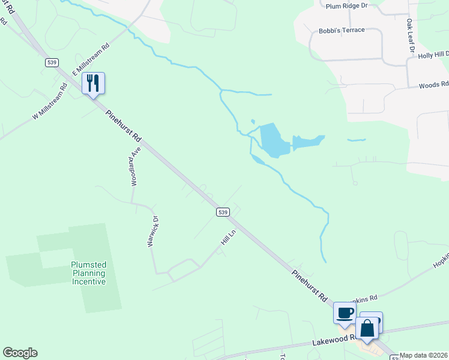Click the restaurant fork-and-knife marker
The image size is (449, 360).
click(93, 83)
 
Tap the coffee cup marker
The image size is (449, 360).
click(345, 313)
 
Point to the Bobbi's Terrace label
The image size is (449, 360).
click(342, 30)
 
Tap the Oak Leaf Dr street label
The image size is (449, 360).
click(410, 37)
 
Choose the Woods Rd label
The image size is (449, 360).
click(433, 85)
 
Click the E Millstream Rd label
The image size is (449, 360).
click(91, 58)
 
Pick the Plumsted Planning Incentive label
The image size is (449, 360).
click(88, 273)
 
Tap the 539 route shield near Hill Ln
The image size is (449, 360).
click(223, 212)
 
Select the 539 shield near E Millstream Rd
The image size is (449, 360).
click(50, 62)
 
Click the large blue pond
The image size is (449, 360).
click(271, 139)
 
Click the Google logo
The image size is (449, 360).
click(20, 353)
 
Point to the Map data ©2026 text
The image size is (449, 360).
click(424, 355)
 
